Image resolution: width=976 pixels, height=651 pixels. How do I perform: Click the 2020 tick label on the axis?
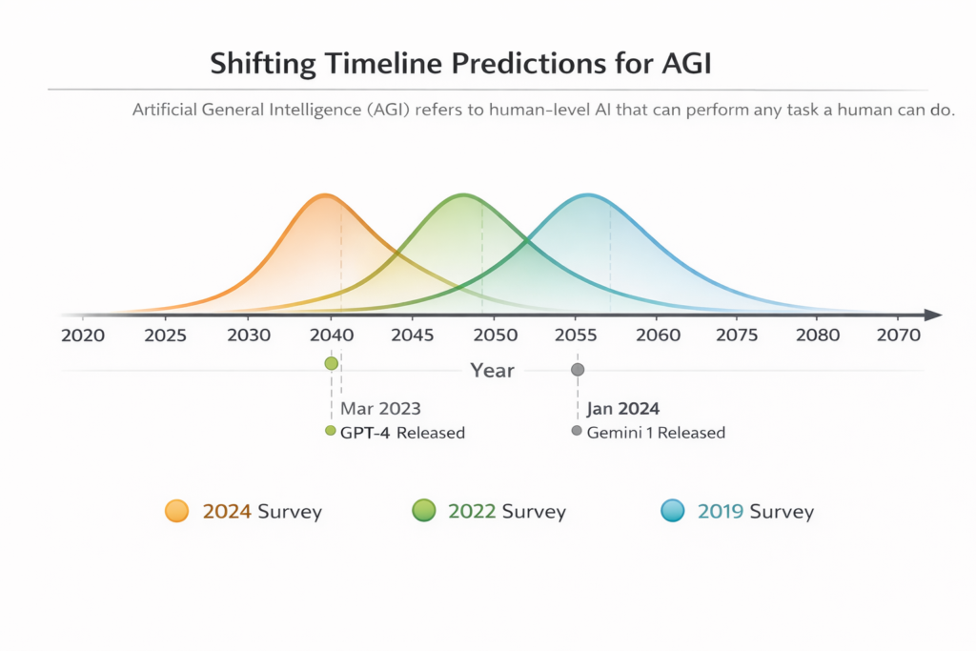[x=84, y=336]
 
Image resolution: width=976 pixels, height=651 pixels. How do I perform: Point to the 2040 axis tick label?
[x=330, y=336]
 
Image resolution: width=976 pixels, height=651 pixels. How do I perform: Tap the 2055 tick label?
[x=576, y=336]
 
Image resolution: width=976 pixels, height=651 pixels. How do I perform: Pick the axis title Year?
[x=492, y=371]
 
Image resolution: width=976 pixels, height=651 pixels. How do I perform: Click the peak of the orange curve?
[x=325, y=195]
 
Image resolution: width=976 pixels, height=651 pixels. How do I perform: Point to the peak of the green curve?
[x=462, y=195]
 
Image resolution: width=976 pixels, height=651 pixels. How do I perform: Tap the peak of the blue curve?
[x=587, y=195]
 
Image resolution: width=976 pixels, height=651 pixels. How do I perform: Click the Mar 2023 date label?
[x=380, y=409]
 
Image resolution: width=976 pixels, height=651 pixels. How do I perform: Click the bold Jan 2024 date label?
[x=623, y=409]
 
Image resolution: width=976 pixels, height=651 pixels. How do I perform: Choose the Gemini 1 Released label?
[x=656, y=433]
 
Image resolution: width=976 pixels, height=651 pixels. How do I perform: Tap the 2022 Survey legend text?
[x=506, y=512]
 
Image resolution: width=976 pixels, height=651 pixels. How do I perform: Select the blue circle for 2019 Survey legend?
[x=673, y=511]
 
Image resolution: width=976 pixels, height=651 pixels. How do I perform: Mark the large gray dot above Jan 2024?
[x=577, y=370]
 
